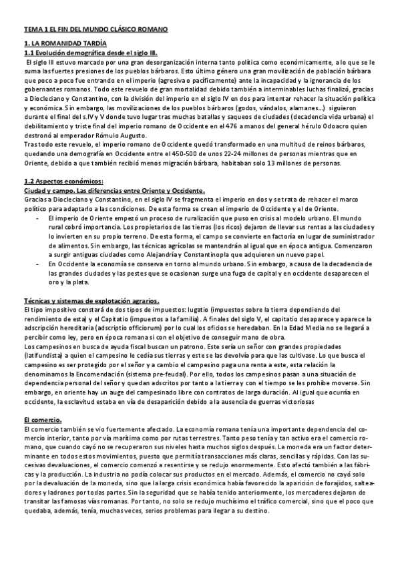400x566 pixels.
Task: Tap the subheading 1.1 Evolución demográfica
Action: (x=90, y=52)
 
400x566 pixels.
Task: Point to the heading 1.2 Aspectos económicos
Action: (x=63, y=182)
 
